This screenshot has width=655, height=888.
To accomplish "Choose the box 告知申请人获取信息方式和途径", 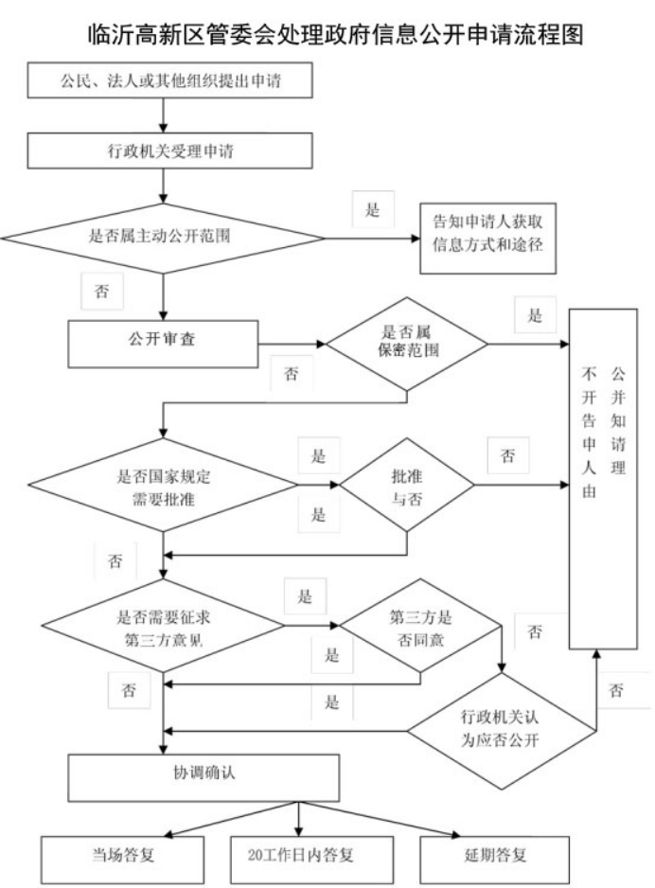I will pyautogui.click(x=487, y=238).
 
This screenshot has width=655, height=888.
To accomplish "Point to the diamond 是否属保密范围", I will pyautogui.click(x=407, y=342).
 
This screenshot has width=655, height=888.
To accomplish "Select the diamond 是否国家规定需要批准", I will pyautogui.click(x=151, y=489).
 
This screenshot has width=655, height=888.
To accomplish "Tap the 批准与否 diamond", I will pyautogui.click(x=407, y=488).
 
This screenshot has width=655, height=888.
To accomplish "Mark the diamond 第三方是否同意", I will pyautogui.click(x=417, y=626).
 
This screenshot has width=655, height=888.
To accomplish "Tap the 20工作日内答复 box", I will pyautogui.click(x=300, y=856).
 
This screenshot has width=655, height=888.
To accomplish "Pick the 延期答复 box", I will pyautogui.click(x=492, y=856).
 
